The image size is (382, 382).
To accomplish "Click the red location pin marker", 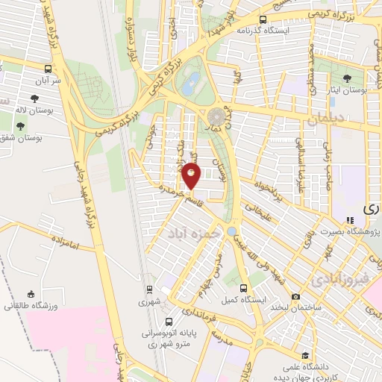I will (192, 177).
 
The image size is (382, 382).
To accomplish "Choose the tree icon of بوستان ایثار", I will (347, 78).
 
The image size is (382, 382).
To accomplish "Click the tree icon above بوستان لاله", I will (34, 98).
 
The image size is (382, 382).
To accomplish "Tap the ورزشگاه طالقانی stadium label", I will (25, 307).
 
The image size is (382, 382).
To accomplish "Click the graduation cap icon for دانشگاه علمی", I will (304, 357).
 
